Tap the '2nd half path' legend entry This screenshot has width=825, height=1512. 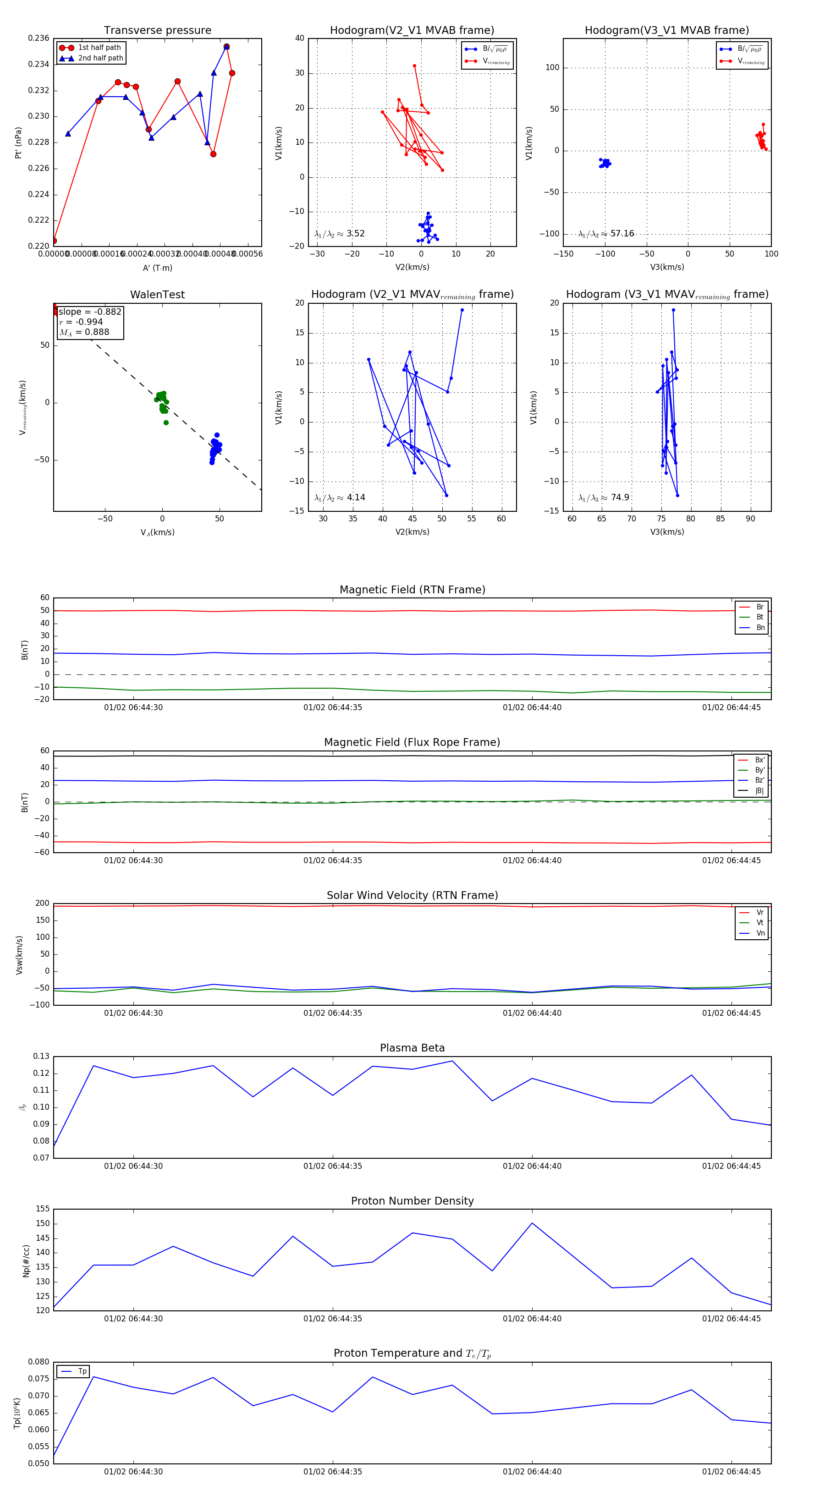point(100,58)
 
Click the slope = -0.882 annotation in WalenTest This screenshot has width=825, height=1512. point(90,312)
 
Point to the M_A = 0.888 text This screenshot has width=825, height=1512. point(84,332)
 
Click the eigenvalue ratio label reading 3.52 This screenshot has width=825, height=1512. point(339,234)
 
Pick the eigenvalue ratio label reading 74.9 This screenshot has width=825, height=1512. point(604,498)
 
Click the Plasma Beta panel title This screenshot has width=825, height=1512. point(412,1048)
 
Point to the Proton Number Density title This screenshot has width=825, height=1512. point(412,1200)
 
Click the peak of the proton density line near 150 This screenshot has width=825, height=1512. point(532,1223)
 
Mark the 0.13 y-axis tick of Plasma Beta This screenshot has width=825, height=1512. point(41,1057)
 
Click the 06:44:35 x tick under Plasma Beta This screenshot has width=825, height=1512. point(332,1166)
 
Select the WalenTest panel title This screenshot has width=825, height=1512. point(157,295)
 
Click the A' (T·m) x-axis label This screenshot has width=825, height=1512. point(157,268)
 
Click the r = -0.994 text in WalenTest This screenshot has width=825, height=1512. point(81,322)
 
